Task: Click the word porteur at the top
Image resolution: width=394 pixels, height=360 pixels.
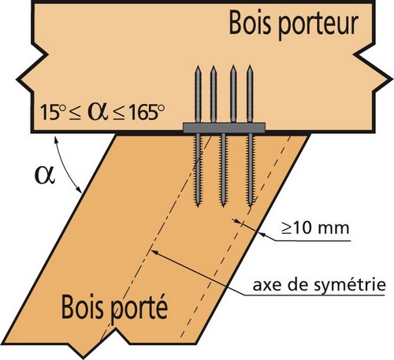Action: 318,25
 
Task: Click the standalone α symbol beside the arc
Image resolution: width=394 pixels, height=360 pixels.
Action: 45,175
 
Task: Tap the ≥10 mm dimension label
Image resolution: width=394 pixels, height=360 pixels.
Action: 315,228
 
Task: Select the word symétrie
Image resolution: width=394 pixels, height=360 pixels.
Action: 350,285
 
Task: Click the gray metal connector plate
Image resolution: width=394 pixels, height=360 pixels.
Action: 224,128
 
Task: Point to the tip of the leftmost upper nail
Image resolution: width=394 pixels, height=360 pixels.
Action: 198,67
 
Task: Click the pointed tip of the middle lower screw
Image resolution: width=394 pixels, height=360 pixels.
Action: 223,206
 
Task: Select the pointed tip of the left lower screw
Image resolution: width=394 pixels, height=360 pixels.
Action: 198,206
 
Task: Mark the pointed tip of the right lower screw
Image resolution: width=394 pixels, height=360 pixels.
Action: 249,206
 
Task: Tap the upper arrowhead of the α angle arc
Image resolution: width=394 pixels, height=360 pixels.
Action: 56,140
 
